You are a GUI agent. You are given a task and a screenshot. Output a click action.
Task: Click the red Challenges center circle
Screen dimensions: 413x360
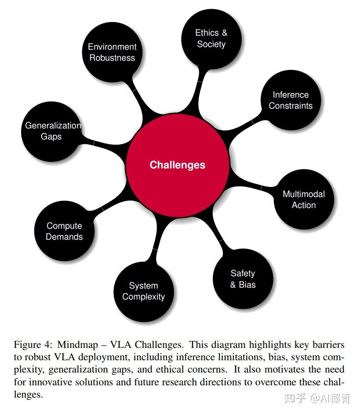point(178,165)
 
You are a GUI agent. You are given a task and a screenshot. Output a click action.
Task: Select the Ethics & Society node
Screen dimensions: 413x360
point(211,39)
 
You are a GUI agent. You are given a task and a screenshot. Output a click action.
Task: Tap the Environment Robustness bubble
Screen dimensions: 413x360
point(113,52)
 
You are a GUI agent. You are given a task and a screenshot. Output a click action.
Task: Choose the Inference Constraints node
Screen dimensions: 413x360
point(291,100)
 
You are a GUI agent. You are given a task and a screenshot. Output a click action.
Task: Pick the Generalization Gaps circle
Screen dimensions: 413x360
point(51,131)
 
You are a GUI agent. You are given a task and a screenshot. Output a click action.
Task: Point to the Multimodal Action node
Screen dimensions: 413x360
point(304,200)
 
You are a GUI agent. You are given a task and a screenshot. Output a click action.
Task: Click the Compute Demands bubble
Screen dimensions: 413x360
point(65,231)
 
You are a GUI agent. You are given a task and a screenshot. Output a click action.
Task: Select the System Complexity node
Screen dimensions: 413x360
point(144,291)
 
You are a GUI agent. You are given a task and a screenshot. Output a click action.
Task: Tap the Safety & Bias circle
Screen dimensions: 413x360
point(243,279)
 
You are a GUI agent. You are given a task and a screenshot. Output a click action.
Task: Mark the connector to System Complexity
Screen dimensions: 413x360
point(156,244)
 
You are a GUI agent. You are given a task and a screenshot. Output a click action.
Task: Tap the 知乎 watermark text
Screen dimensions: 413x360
point(295,398)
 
